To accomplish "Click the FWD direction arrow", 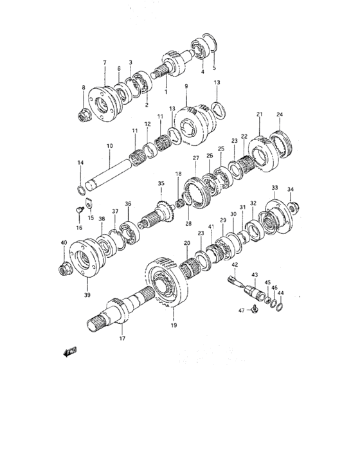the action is point(69,352).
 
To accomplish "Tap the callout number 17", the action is point(122,338).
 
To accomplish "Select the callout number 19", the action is point(174,325).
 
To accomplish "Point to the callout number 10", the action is point(110,146).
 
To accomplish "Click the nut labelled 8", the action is point(85,115).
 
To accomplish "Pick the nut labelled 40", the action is point(64,269).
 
